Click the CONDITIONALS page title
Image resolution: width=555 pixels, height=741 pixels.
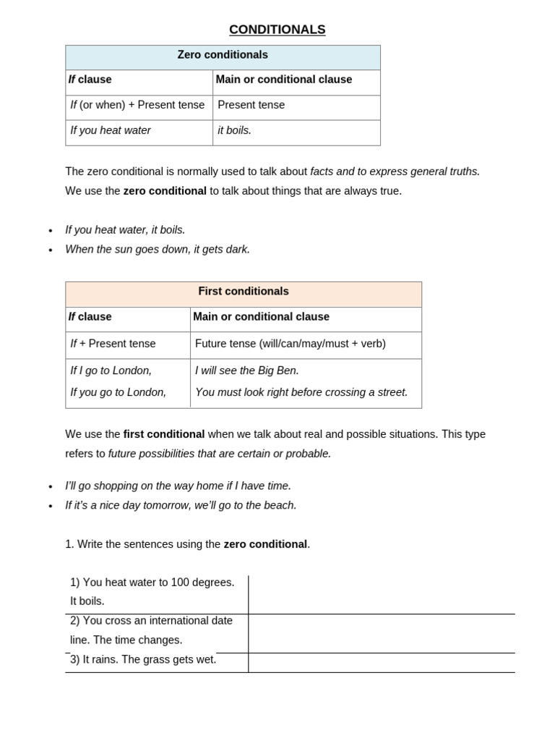pos(277,30)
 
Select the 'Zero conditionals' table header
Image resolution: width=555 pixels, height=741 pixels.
pos(223,55)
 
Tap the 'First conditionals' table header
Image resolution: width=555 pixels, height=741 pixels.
pos(244,292)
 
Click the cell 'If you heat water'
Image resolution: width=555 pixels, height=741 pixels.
pos(111,131)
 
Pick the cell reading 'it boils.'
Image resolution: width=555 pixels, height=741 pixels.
pos(235,131)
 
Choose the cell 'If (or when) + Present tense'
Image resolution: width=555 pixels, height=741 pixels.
pos(137,105)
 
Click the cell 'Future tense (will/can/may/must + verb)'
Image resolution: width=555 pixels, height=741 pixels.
pos(291,344)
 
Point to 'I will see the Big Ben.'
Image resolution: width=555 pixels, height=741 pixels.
pos(247,370)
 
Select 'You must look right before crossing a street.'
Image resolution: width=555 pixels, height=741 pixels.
pos(301,392)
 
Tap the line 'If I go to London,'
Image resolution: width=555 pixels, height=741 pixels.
pos(111,370)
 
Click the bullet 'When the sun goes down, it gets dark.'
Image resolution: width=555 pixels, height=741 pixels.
pos(158,250)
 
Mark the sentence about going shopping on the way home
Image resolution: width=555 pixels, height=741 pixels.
pos(178,486)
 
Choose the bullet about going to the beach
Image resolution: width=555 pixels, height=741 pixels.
pos(181,506)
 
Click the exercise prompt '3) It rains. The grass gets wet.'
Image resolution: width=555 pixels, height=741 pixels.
pos(143,660)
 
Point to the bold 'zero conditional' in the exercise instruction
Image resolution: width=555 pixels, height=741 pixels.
pos(265,544)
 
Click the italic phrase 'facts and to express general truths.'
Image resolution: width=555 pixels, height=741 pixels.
pos(395,172)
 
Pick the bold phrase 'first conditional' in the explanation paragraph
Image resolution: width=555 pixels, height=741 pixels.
pos(164,434)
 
